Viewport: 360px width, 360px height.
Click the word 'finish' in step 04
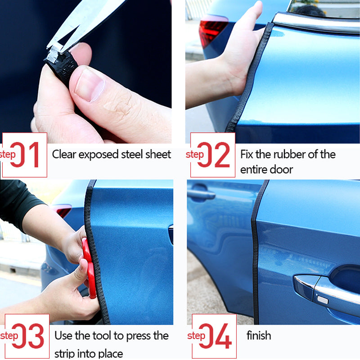[x=259, y=336]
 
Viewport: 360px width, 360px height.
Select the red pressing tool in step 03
[x=89, y=268]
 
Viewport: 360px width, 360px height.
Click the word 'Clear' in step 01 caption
[x=64, y=155]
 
